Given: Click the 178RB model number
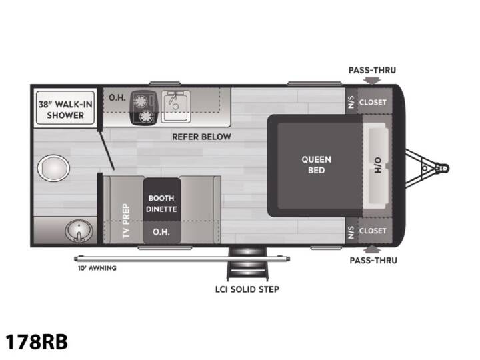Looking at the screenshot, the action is tap(37, 341).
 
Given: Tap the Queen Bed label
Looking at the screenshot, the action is tap(316, 165).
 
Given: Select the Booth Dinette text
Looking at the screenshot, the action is tap(161, 203).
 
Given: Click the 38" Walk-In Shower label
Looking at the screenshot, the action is tap(65, 110).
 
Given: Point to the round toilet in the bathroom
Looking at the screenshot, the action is tap(53, 168).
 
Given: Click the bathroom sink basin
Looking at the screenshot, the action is tap(79, 231).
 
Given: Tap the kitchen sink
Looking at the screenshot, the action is tap(176, 107).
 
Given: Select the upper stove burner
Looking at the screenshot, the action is tap(140, 101).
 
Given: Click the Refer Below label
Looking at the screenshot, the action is tap(201, 137).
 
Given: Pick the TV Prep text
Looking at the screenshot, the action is tap(126, 221).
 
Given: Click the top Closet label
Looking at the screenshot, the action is tap(373, 102).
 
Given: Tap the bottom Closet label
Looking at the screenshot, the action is tap(373, 231).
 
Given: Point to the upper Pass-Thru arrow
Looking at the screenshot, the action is tap(372, 80).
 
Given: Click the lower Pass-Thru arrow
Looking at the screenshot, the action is tap(373, 249).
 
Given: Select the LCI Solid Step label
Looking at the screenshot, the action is tap(247, 289).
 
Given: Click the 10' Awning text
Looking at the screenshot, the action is tap(97, 268).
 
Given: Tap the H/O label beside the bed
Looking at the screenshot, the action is tap(378, 165).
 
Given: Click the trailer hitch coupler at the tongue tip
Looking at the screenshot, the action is tap(443, 168).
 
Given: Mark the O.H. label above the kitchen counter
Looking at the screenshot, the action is tap(117, 97).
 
